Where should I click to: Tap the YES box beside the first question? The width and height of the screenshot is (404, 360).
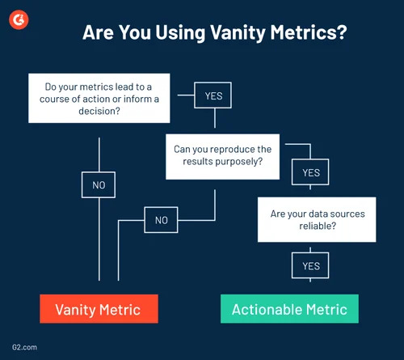(x=213, y=95)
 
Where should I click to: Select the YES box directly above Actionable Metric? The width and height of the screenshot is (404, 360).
(x=311, y=265)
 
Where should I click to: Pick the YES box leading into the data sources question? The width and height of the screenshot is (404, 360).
(x=311, y=172)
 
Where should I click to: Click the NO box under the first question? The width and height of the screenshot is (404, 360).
(x=99, y=185)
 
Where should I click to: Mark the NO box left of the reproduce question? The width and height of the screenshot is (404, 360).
(x=161, y=219)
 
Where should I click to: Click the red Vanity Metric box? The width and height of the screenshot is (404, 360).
(x=99, y=308)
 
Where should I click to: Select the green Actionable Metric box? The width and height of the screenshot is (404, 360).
(x=289, y=308)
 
